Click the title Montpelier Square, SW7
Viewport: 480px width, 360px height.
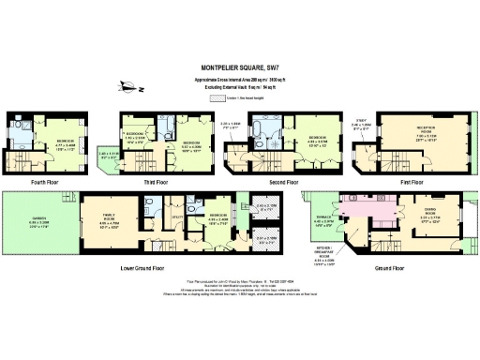[240, 67]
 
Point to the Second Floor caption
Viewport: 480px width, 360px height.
[277, 182]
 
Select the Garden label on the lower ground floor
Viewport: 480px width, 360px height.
[37, 219]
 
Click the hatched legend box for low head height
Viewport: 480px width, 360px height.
[218, 97]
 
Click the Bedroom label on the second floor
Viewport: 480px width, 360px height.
[317, 138]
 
